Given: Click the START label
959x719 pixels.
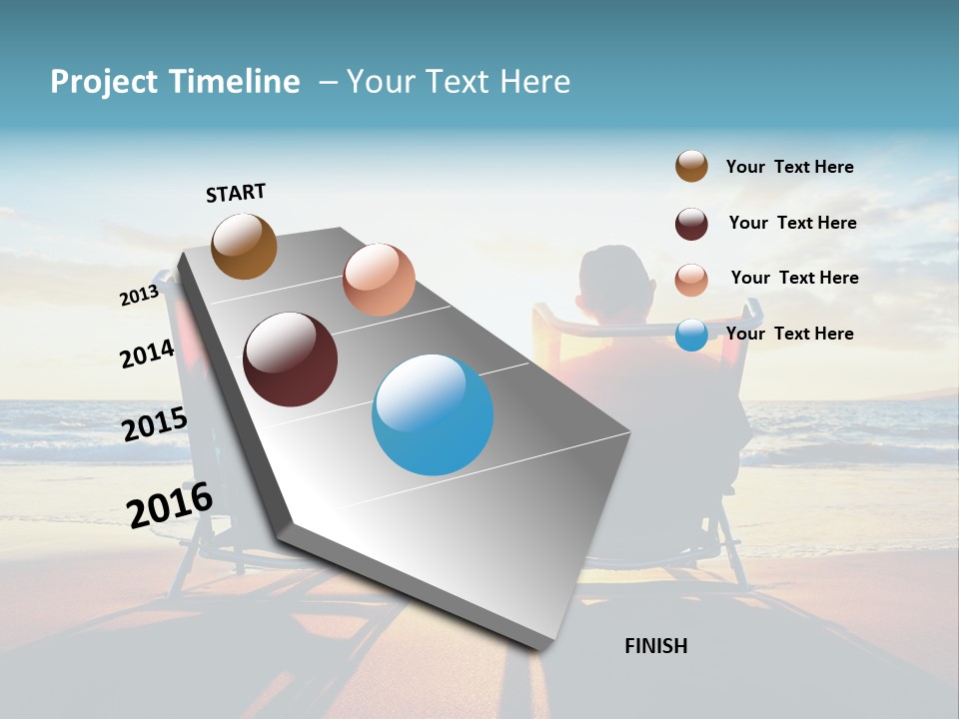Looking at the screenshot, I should coord(236,193).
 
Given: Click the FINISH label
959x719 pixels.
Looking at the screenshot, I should coord(656,646).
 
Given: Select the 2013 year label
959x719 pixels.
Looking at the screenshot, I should coord(139,295).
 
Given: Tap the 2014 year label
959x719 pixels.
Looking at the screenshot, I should coord(147,354).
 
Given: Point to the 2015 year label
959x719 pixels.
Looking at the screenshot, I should coord(154,424).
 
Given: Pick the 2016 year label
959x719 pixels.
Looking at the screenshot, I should coord(170,504).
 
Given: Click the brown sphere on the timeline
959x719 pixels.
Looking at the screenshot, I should coord(244,247).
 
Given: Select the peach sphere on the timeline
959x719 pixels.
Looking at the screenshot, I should coord(379,280).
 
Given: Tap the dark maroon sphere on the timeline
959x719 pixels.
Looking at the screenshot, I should coord(290,359).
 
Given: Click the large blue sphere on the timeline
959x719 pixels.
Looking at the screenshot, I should coord(433,414).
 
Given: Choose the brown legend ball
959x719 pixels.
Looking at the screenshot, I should coord(691,167).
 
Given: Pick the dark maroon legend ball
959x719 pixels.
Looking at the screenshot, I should coord(691,224).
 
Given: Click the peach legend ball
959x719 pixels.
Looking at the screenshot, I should coord(691,280).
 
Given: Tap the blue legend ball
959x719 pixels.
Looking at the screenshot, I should coord(691,335).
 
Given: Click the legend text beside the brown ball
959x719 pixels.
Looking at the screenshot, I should coord(789,167).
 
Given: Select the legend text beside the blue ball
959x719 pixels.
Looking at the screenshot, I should coord(789,334).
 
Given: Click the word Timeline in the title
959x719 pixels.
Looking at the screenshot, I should coord(235,82).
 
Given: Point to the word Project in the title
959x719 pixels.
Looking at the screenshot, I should coord(103,82).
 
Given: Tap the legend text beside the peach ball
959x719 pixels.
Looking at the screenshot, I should coord(794,278).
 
